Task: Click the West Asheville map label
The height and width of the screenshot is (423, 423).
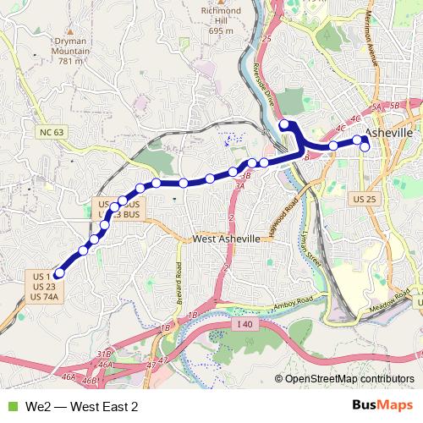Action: [x=227, y=239]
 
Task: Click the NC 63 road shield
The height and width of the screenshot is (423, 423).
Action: [x=51, y=133]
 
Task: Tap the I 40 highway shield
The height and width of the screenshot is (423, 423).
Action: [x=244, y=324]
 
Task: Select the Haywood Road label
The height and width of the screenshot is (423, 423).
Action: [x=281, y=217]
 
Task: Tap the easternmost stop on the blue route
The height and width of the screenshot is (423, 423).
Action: [x=365, y=147]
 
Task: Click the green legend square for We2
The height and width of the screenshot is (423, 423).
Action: [x=10, y=407]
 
